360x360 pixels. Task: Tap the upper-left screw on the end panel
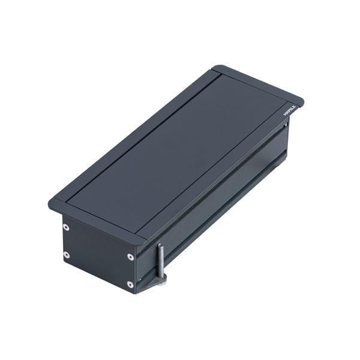tap(66, 227)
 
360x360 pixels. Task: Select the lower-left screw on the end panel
tap(66, 255)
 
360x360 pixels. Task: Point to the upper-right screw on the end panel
tap(130, 257)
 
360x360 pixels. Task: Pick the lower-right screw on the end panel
tap(130, 284)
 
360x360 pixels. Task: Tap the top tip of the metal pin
tap(160, 245)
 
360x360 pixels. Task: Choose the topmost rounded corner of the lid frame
tap(218, 67)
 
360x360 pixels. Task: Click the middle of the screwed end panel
tap(98, 255)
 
